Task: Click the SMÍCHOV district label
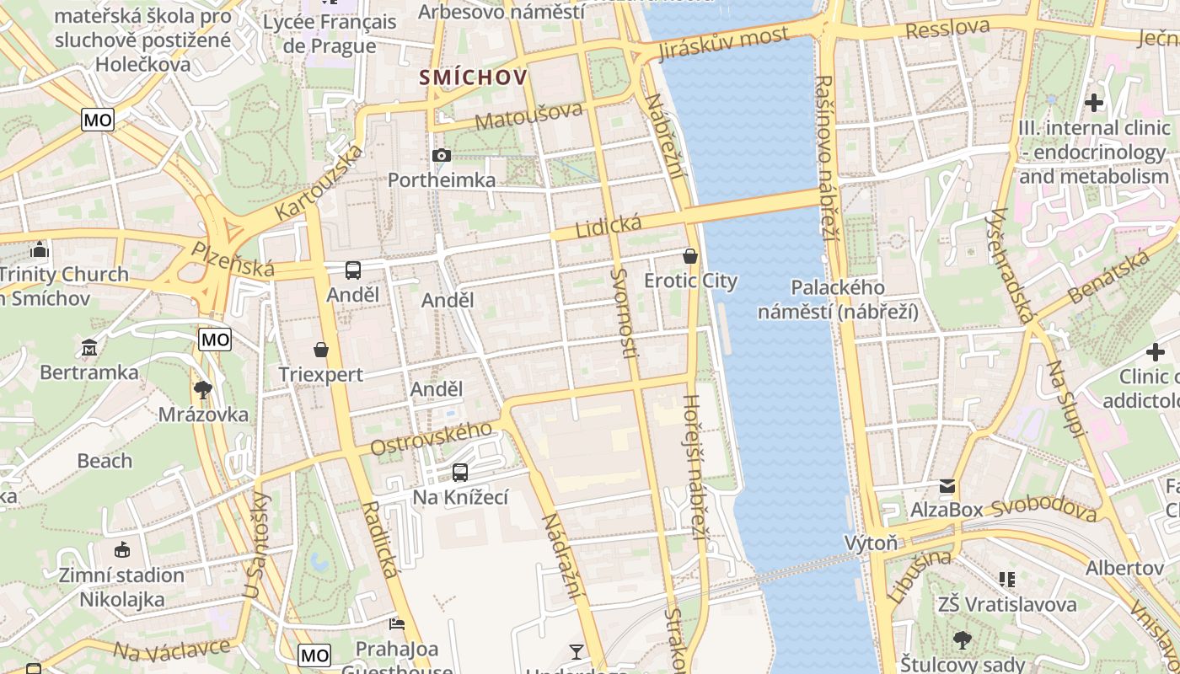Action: pyautogui.click(x=475, y=78)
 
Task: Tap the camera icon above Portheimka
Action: pyautogui.click(x=441, y=155)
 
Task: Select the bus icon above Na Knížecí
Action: pyautogui.click(x=459, y=473)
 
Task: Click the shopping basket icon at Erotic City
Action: pyautogui.click(x=690, y=256)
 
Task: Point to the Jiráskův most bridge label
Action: pyautogui.click(x=722, y=43)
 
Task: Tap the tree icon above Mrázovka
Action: pyautogui.click(x=203, y=389)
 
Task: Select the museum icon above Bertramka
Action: pyautogui.click(x=89, y=347)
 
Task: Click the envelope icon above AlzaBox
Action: pyautogui.click(x=947, y=486)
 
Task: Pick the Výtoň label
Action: pyautogui.click(x=872, y=543)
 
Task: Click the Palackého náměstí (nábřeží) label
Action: pyautogui.click(x=837, y=299)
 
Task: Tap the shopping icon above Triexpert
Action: pyautogui.click(x=320, y=350)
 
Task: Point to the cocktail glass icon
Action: pyautogui.click(x=577, y=651)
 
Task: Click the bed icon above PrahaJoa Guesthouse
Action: pyautogui.click(x=396, y=624)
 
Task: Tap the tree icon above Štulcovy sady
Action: pyautogui.click(x=962, y=640)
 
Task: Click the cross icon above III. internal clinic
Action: pyautogui.click(x=1094, y=103)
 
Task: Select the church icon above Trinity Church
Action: pyautogui.click(x=39, y=250)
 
